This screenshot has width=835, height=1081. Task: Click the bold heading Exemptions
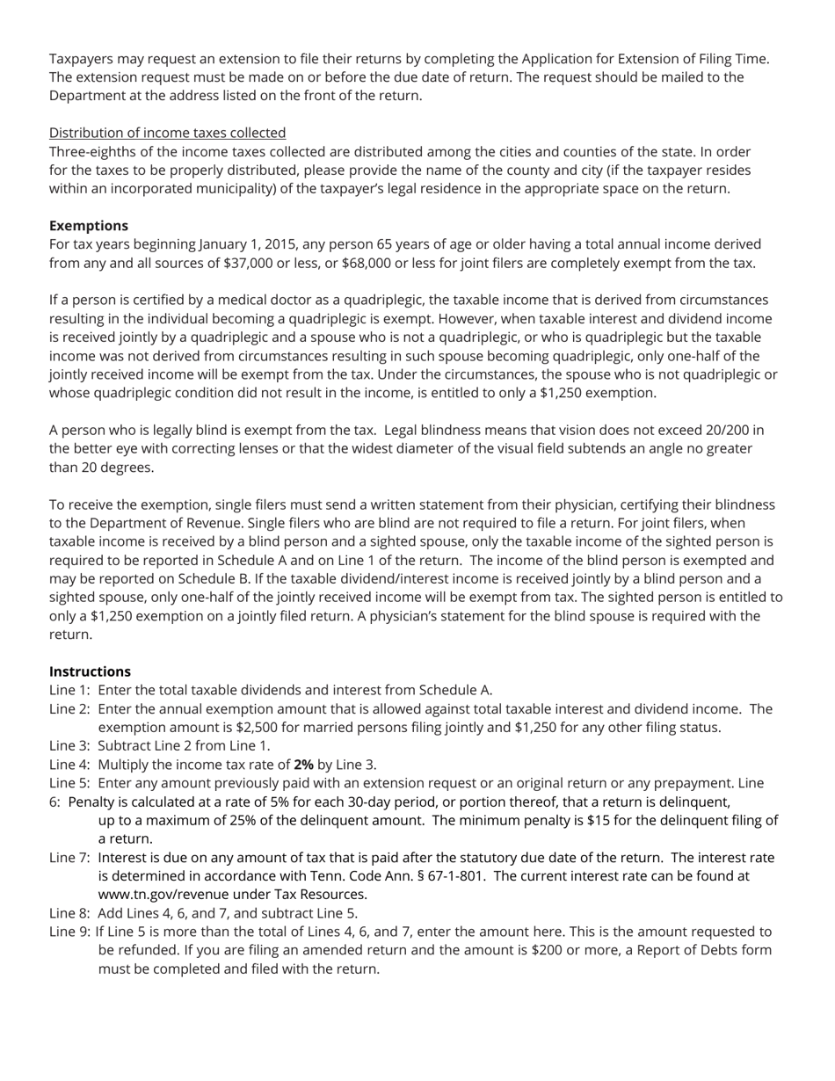(88, 226)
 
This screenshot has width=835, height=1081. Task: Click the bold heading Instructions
(90, 671)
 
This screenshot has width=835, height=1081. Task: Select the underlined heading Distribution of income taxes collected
(167, 133)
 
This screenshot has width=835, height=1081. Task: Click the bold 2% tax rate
(303, 765)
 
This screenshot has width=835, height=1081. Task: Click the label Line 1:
(69, 690)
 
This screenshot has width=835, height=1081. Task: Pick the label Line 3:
(69, 746)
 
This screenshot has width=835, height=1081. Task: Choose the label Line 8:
(69, 913)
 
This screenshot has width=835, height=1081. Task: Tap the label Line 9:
(69, 932)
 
